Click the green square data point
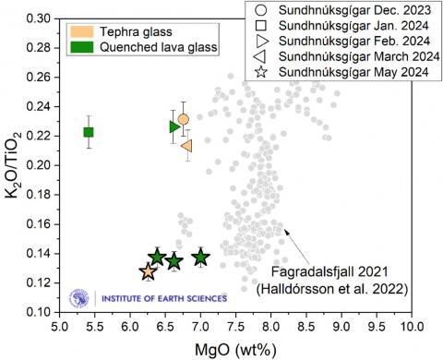coord(89,132)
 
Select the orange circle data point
coord(184,119)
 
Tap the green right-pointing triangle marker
coord(175,126)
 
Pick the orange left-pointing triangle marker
coord(186,145)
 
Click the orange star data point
coord(149,271)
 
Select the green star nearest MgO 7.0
coord(200,258)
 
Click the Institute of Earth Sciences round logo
coord(81,298)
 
